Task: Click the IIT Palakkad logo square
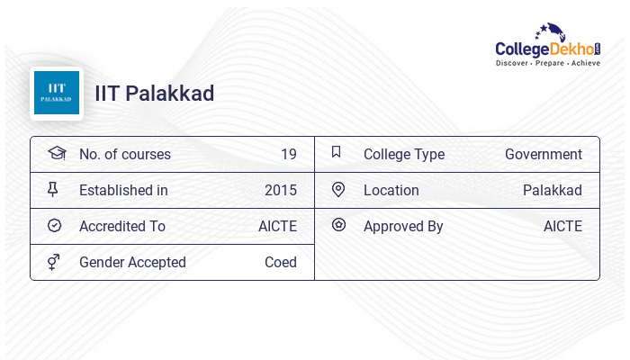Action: point(57,94)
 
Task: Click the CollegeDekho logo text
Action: point(548,49)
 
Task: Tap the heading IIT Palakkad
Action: point(155,94)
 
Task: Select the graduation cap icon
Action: point(57,154)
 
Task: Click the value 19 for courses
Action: point(288,154)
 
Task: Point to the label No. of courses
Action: point(125,154)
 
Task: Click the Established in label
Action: point(123,190)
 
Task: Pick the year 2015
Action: point(281,190)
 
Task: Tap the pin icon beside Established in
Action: point(53,190)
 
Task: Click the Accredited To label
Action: point(122,226)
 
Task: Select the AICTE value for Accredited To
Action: point(277,226)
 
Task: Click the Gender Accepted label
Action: point(132,262)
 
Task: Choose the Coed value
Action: point(281,262)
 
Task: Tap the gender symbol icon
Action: point(53,262)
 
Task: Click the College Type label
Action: point(404,154)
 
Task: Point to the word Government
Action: point(544,154)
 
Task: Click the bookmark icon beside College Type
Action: point(337,152)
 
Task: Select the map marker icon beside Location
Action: point(338,189)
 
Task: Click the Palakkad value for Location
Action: point(553,190)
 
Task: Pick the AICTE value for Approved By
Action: point(562,226)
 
